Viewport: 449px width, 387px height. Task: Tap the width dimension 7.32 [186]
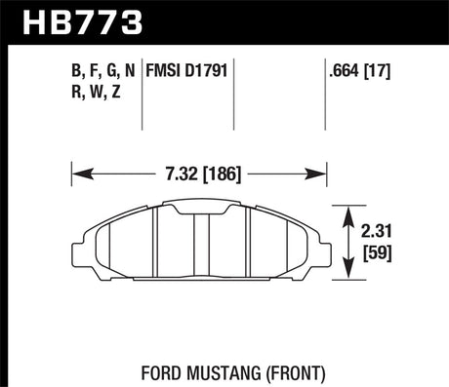198,175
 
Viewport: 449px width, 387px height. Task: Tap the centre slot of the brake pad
199,244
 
